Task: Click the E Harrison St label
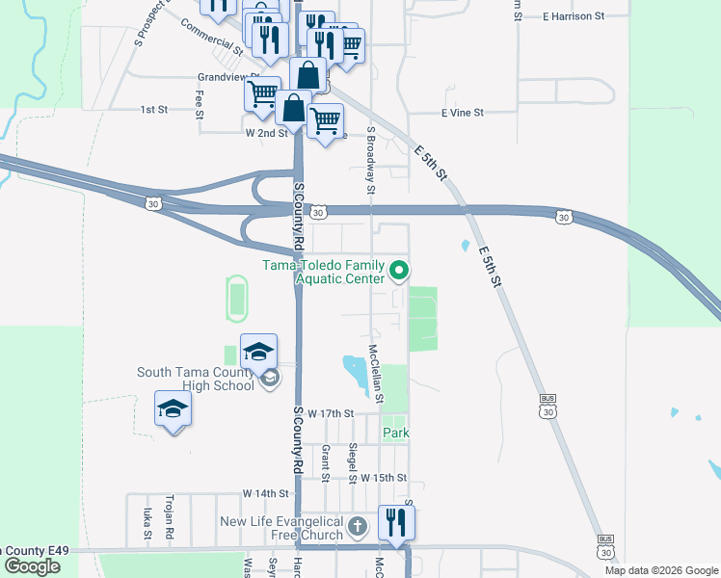point(573,16)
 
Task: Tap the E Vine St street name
point(462,113)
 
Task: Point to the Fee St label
point(200,104)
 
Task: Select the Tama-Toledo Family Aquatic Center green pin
point(404,272)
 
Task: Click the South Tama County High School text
point(196,379)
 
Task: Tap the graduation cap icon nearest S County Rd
point(258,353)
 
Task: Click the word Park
point(396,433)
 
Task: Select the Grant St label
point(326,463)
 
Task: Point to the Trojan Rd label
point(169,519)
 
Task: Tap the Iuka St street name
point(147,521)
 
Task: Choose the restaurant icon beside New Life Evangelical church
point(396,523)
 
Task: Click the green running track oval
point(234,297)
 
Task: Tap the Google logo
point(32,566)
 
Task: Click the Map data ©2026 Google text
point(660,570)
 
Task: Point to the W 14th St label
point(266,493)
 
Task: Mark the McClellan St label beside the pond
point(376,374)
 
